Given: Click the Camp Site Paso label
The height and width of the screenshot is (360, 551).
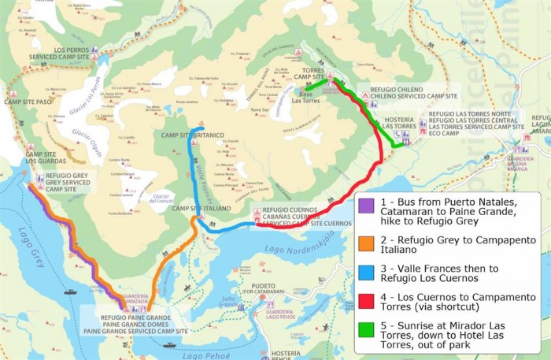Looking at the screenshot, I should [28, 102].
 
